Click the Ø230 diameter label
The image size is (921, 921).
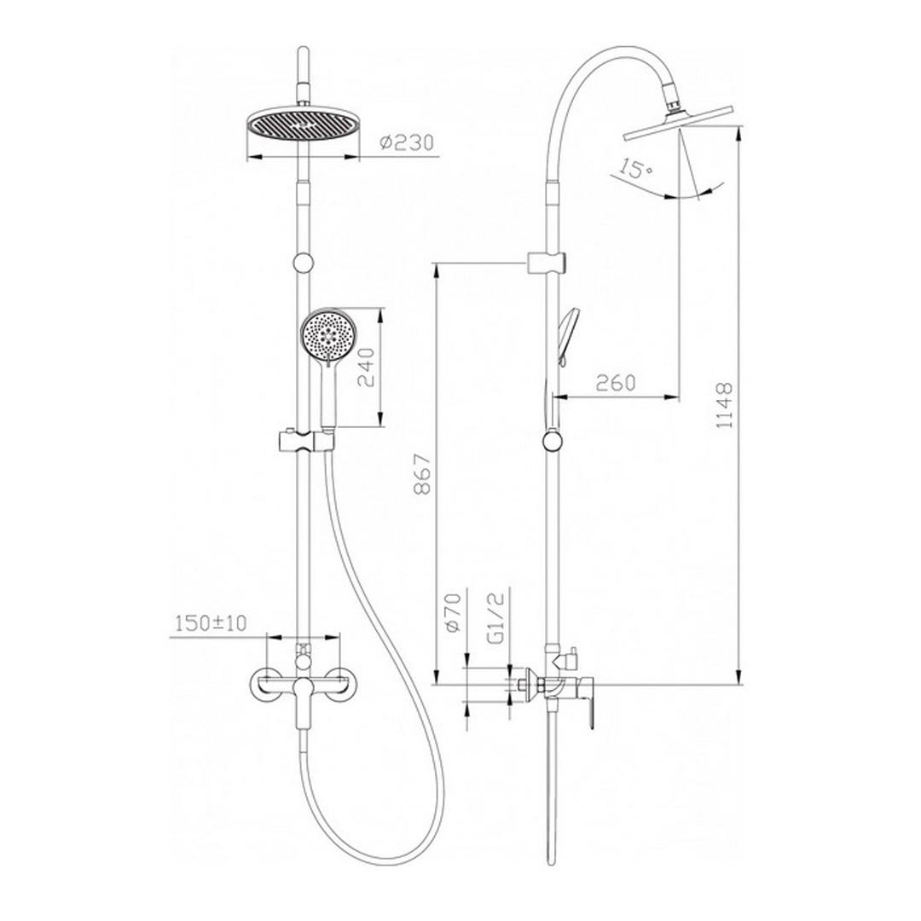point(407,143)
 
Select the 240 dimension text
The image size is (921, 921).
point(366,368)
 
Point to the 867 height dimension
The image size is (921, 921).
point(423,473)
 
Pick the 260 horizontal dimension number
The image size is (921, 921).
point(616,383)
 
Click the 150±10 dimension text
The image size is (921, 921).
point(211,623)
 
